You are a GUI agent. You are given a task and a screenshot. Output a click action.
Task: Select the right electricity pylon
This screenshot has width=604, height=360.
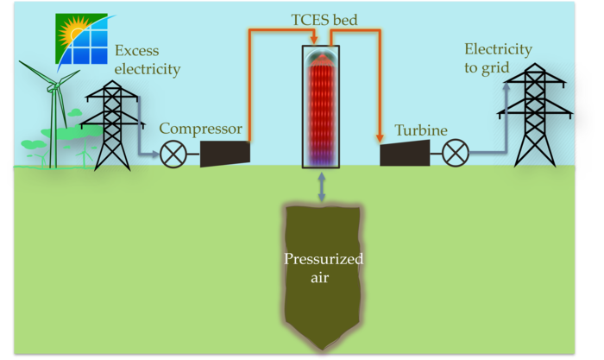(530, 116)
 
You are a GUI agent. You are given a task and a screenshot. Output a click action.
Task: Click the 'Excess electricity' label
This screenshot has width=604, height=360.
(148, 60)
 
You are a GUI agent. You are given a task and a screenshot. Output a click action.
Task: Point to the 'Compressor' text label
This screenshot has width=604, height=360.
(201, 129)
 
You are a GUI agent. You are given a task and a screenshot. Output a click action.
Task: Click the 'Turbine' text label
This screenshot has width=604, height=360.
(421, 130)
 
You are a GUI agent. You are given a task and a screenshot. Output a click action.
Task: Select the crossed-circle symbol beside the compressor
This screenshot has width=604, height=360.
(173, 155)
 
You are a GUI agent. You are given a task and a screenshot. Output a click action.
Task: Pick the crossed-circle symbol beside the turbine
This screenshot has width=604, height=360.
(455, 155)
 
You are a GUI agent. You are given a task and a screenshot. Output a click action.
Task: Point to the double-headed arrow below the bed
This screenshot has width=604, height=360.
(322, 186)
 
